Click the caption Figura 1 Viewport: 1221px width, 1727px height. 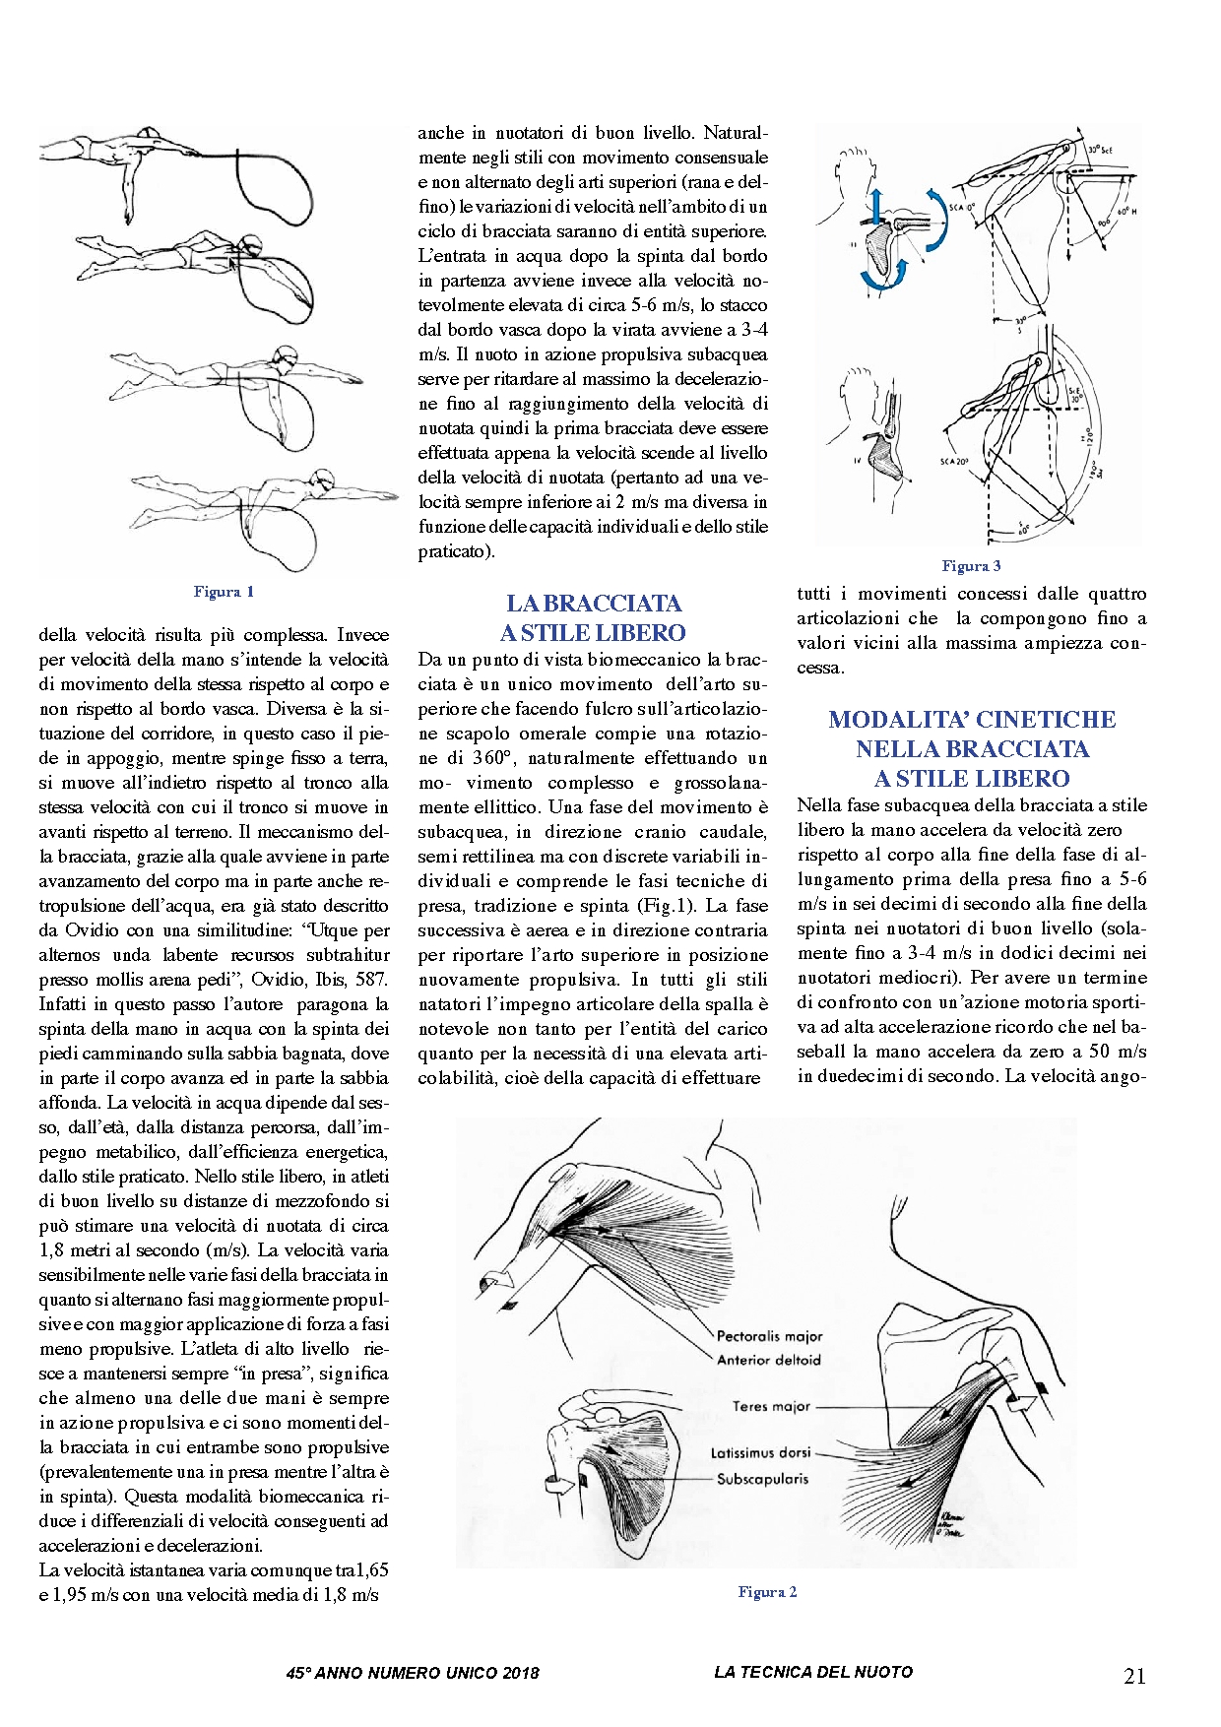pos(224,592)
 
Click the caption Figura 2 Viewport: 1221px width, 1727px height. pos(767,1592)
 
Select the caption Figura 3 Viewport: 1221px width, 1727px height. pos(971,566)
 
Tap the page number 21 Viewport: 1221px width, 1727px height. pos(1134,1677)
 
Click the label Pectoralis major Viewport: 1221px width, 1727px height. pos(769,1336)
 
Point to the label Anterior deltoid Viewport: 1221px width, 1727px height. pos(768,1360)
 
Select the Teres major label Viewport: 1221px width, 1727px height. pos(771,1406)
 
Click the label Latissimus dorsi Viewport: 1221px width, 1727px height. pos(761,1453)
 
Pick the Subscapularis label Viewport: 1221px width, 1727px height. pos(762,1478)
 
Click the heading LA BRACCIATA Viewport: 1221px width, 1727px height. pos(594,604)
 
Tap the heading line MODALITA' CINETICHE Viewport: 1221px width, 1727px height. pos(972,720)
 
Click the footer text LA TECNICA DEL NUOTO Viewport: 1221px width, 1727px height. pos(813,1672)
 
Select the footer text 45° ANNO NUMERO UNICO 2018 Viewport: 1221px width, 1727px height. pos(413,1673)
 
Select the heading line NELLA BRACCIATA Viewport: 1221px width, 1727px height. pos(972,749)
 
